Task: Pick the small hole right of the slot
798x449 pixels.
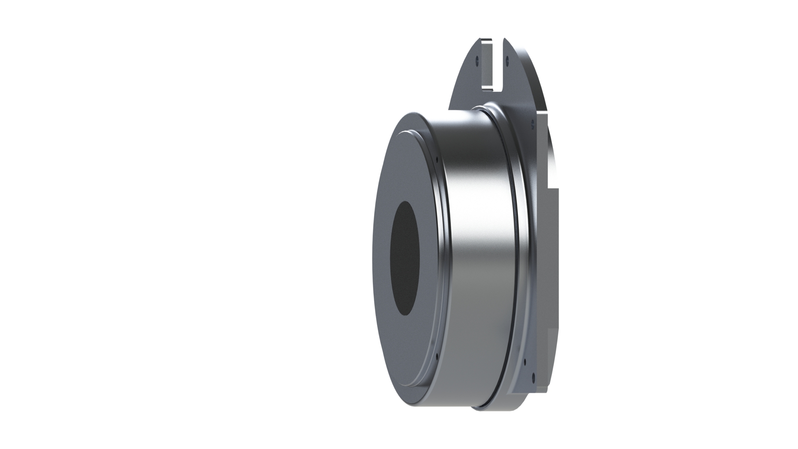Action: [508, 61]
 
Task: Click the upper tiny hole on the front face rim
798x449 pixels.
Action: [437, 158]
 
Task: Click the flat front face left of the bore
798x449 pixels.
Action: [382, 258]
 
